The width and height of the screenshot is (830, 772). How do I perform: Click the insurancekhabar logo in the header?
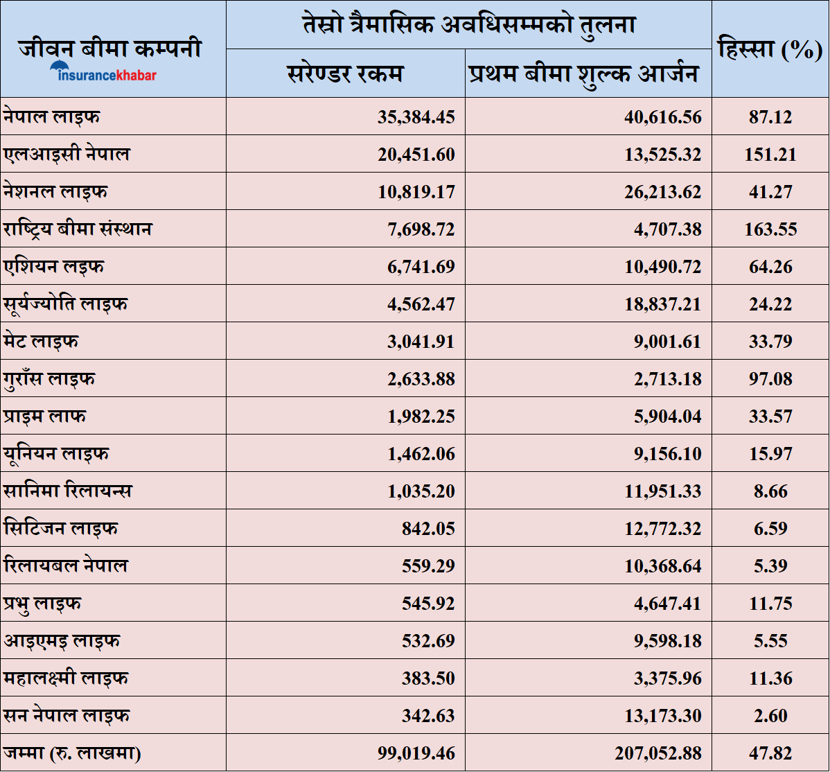(x=103, y=73)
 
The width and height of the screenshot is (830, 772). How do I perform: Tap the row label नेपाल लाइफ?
(x=51, y=116)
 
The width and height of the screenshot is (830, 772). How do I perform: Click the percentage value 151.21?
(x=770, y=155)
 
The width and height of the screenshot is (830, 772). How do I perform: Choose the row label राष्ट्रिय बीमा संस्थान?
(x=78, y=229)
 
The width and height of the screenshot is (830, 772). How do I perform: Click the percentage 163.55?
(x=770, y=229)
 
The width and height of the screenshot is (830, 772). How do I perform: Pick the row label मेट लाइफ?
(x=41, y=341)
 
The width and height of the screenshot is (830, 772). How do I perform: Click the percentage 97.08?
(x=770, y=379)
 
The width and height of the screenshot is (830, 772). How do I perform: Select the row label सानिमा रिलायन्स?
(x=68, y=491)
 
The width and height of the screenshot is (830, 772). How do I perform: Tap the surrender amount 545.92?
(x=428, y=604)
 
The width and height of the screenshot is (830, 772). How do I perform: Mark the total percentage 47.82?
(x=770, y=753)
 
